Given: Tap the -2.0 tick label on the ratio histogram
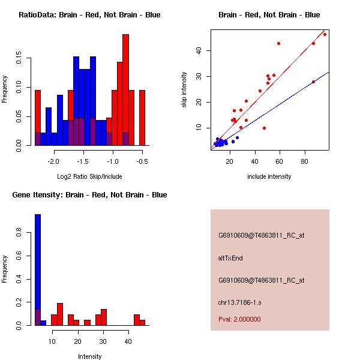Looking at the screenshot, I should pos(55,161).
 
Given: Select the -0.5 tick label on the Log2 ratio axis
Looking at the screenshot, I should pos(142,161).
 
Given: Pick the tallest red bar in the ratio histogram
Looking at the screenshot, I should pos(125,90).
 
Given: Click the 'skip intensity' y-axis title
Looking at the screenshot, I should pos(184,90).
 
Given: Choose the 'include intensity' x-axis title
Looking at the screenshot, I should pos(269,176).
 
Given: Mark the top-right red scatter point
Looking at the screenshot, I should pos(325,34).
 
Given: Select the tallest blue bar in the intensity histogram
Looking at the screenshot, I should pos(38,269).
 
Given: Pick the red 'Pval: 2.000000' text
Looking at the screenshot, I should pos(239,319).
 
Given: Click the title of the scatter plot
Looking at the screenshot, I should pos(269,15).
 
